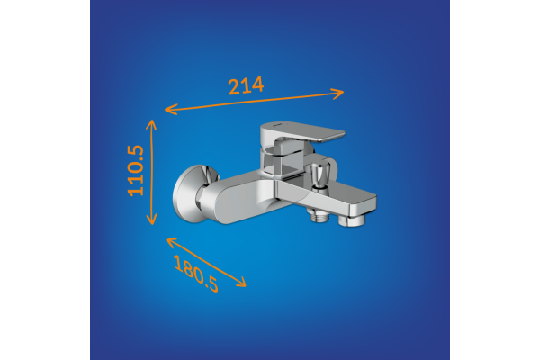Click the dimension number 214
coord(246,85)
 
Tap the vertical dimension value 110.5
coord(136,170)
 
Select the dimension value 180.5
coord(196,274)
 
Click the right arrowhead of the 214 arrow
coord(337,94)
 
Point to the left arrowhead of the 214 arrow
coord(171,109)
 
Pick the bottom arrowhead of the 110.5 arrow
coord(151,220)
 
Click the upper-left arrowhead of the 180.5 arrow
coord(172,242)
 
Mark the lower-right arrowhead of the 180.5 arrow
coord(241,282)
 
